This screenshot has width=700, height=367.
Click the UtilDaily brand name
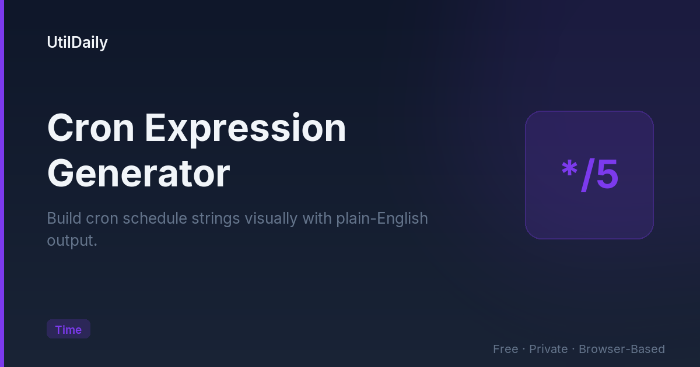pos(77,43)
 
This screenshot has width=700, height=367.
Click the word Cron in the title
pos(90,128)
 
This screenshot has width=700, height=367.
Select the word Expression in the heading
pos(246,129)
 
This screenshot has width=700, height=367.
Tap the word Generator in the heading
pos(138,174)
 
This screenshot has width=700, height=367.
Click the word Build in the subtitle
pos(64,218)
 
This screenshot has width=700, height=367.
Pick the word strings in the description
pos(216,220)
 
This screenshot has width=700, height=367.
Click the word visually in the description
pos(271,220)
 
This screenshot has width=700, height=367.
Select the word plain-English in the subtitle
pos(382,220)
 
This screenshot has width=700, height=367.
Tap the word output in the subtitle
pos(71,241)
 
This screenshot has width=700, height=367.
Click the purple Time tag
pos(68,329)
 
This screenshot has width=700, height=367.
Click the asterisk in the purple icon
pos(569,169)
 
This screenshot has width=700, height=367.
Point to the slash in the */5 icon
pos(588,175)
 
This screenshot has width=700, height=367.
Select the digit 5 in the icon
pos(607,174)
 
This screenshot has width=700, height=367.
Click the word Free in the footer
pos(506,349)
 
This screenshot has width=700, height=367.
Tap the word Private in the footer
pos(548,349)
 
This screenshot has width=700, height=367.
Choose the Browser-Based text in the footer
pos(622,349)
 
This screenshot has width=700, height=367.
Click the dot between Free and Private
pos(524,349)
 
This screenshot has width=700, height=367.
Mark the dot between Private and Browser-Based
pos(573,349)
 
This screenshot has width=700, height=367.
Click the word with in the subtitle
pos(317,218)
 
